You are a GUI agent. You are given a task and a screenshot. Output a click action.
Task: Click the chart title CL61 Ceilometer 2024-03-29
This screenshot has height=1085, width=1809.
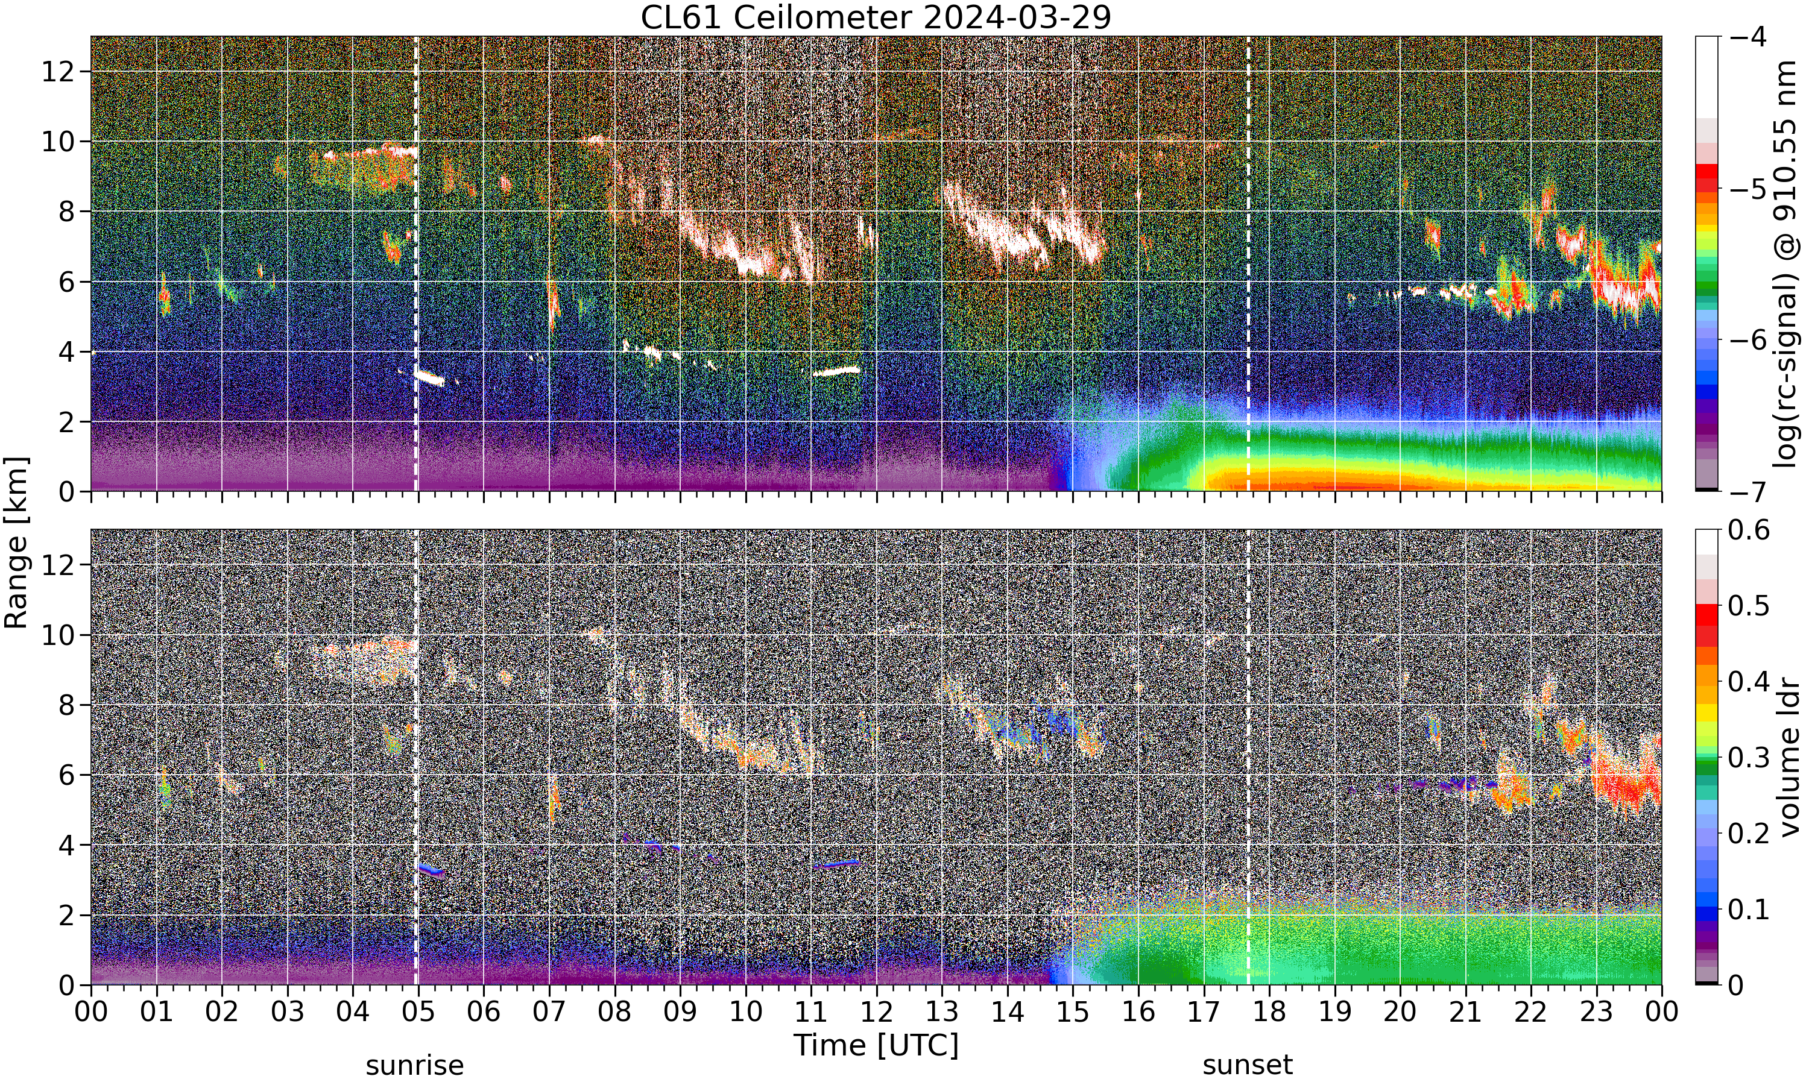point(875,17)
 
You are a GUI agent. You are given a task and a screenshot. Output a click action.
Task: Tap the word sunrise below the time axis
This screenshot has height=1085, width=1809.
point(415,1065)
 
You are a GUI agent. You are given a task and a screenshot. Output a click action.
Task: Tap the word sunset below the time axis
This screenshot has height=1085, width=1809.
point(1248,1065)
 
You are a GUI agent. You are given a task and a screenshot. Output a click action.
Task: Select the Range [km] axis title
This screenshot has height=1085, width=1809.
point(16,542)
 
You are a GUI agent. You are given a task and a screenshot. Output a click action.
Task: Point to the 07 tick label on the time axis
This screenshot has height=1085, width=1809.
point(549,1012)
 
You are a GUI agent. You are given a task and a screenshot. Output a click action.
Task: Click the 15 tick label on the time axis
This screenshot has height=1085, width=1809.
point(1073,1012)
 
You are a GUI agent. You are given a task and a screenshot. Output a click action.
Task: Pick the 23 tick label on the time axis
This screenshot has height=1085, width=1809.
point(1596,1012)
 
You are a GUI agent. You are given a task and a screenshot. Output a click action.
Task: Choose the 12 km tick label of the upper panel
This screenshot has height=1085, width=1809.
point(58,72)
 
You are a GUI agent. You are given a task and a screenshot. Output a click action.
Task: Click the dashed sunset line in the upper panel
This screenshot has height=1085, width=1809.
point(1248,264)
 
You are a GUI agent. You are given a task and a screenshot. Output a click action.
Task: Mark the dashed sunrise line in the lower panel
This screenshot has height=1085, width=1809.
point(416,756)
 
